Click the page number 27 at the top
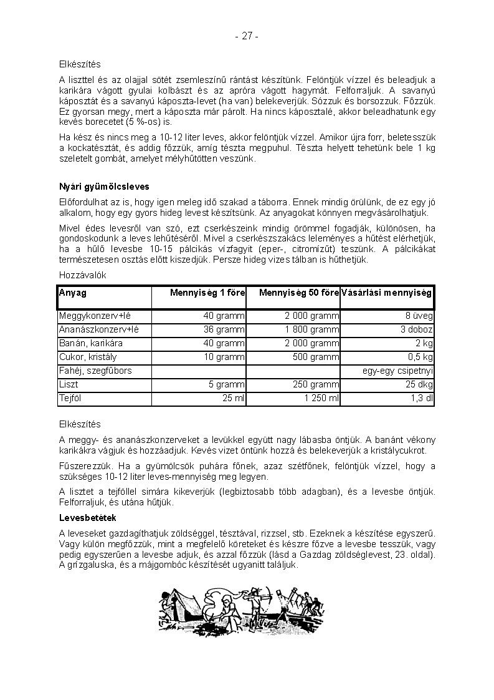pos(247,36)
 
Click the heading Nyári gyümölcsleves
pos(104,187)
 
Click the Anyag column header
pos(73,293)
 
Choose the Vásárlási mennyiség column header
pos(387,293)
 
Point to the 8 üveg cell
pos(419,316)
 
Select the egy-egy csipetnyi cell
pos(397,371)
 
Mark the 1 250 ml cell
pos(321,399)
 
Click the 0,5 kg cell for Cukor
pos(420,357)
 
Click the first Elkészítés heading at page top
pos(80,64)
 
